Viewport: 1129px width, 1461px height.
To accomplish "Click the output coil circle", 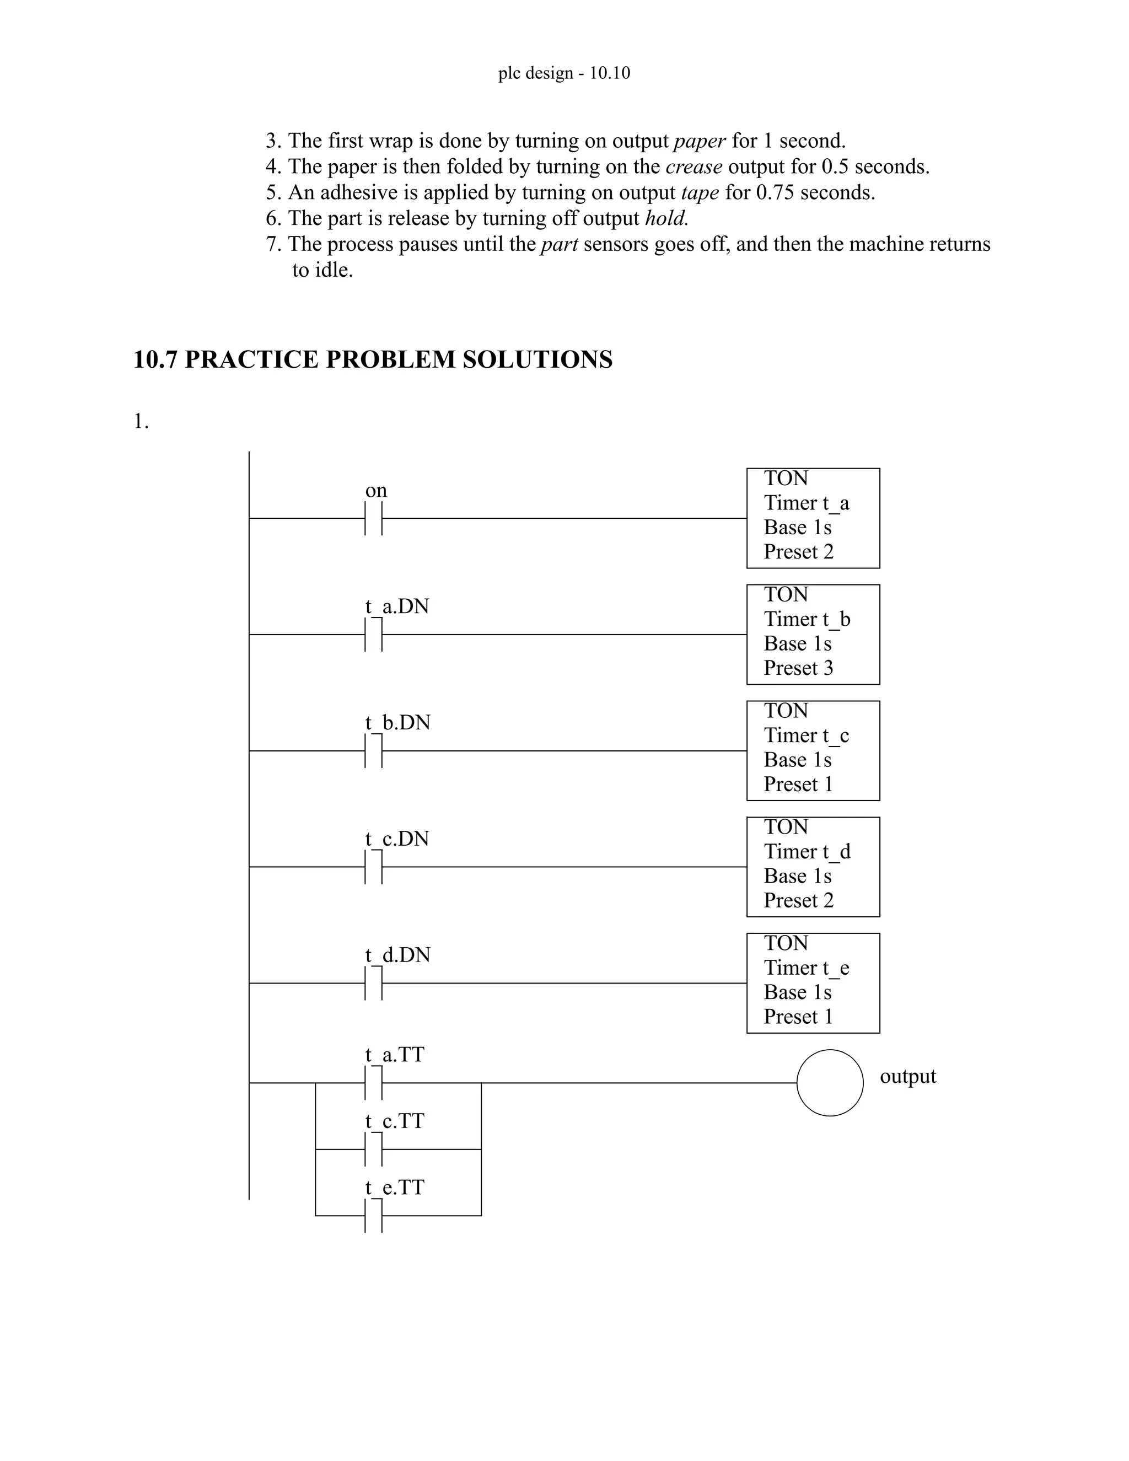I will coord(829,1082).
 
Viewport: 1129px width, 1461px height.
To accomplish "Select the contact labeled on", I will coord(373,518).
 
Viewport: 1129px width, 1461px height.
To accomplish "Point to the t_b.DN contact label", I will coord(397,722).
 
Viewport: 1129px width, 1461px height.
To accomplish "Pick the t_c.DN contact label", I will coord(396,839).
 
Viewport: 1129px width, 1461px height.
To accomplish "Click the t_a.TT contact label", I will coord(395,1055).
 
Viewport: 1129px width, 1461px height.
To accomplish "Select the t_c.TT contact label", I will coord(395,1121).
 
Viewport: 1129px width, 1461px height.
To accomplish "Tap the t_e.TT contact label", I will coord(395,1188).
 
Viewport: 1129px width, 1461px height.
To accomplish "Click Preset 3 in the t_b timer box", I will coord(799,668).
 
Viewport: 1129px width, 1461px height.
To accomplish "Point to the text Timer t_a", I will coord(807,502).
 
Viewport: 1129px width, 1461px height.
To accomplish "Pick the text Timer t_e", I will coord(807,968).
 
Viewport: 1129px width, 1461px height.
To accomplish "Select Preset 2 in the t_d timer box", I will coord(799,900).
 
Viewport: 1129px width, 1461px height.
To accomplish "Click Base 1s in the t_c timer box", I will coord(798,760).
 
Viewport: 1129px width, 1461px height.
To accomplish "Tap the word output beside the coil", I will coord(907,1076).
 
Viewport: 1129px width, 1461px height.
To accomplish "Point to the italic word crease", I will coord(693,166).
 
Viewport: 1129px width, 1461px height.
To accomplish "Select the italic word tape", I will coord(700,192).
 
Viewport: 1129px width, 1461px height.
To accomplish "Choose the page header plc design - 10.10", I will coord(564,73).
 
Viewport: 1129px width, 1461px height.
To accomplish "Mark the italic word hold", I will coord(666,219).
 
